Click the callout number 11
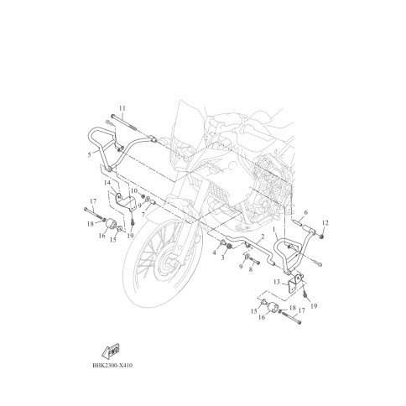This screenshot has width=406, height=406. click(122, 108)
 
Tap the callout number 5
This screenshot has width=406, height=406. click(90, 154)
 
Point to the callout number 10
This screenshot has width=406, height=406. click(134, 190)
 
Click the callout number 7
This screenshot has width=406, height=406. click(143, 215)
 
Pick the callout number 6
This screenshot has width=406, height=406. click(305, 212)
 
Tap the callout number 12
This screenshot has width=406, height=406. click(325, 223)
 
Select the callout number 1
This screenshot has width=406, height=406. click(274, 229)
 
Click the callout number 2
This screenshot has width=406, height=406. click(263, 237)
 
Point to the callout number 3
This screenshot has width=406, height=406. click(222, 258)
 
